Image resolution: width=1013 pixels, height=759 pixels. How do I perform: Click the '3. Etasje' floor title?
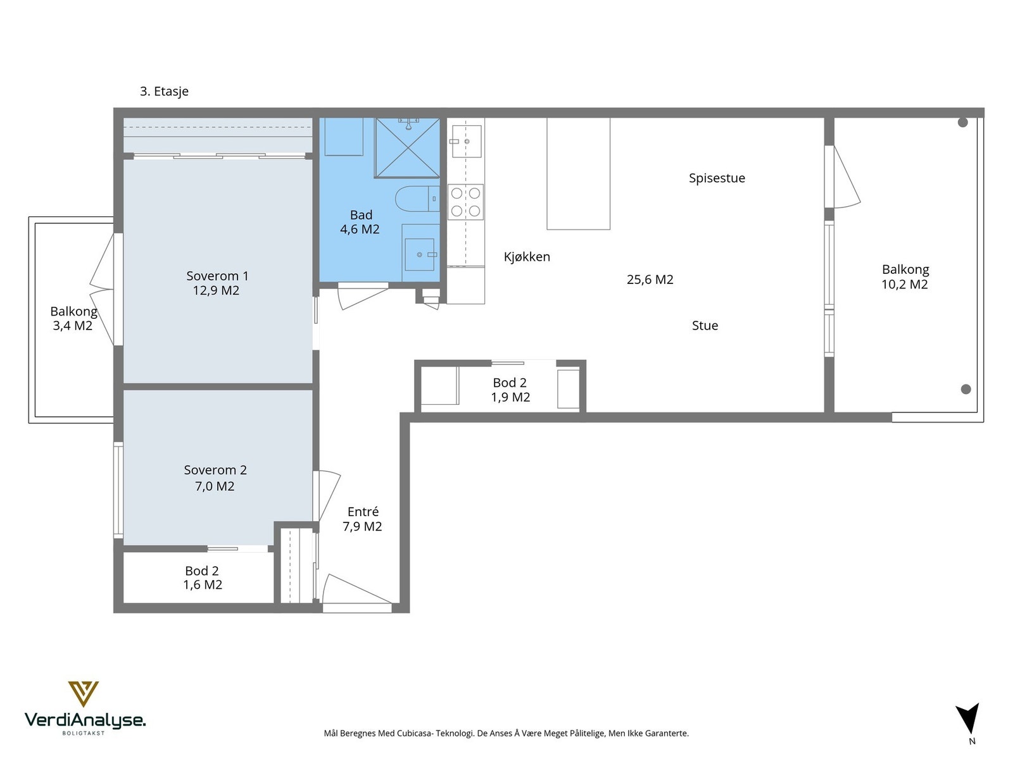tap(164, 91)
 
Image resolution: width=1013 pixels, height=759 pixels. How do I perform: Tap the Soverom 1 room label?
tap(217, 276)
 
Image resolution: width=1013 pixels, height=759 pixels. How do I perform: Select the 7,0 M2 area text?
tap(215, 486)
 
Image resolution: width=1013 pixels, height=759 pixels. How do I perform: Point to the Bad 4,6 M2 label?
tap(360, 221)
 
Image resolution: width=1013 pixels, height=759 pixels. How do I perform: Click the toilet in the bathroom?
tap(417, 199)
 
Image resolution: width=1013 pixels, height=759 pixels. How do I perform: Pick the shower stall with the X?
tap(407, 147)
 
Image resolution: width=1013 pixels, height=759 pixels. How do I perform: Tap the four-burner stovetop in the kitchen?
tap(465, 202)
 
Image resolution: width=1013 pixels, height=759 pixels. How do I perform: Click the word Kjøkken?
tap(527, 257)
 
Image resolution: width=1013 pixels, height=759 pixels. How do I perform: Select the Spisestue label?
tap(717, 178)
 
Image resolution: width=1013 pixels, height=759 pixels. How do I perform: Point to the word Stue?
tap(705, 325)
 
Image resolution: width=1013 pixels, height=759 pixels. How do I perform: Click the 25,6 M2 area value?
tap(650, 280)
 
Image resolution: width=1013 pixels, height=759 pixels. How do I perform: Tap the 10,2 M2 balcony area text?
tap(905, 285)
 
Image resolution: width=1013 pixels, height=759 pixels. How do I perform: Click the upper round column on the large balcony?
tap(963, 122)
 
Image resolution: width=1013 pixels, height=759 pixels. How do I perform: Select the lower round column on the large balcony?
tap(966, 390)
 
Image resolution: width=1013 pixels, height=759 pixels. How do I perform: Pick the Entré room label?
tap(363, 512)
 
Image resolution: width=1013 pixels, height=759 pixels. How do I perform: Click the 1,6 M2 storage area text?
tap(203, 585)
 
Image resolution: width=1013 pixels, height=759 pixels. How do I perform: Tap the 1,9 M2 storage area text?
tap(510, 397)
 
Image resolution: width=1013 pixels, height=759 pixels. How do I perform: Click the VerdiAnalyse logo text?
tap(85, 720)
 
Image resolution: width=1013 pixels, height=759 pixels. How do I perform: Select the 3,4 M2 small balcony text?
tap(72, 326)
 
